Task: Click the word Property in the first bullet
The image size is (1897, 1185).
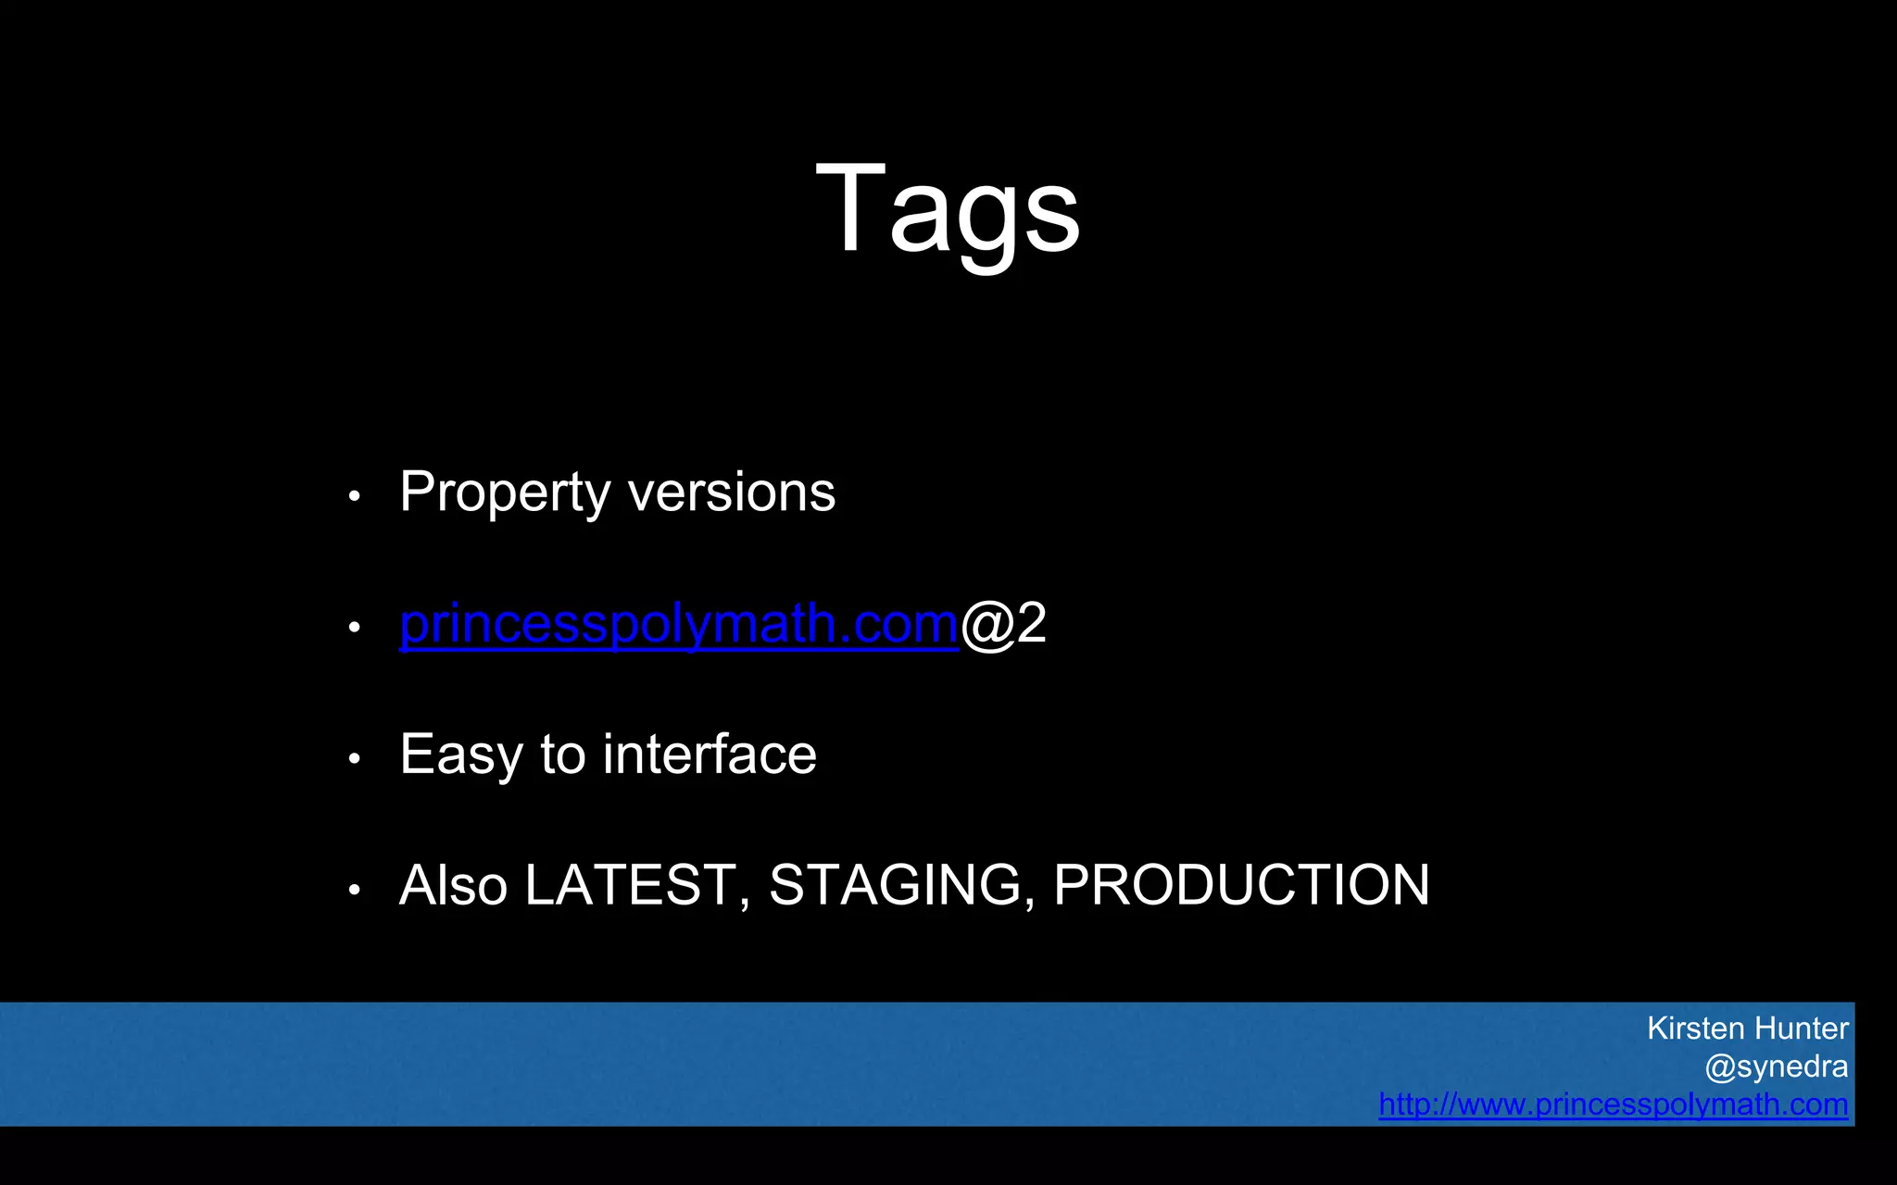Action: pyautogui.click(x=504, y=493)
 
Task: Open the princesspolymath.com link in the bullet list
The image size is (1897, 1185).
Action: pyautogui.click(x=678, y=624)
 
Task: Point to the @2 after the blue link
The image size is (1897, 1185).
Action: pyautogui.click(x=1004, y=624)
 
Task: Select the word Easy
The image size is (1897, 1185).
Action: pyautogui.click(x=460, y=755)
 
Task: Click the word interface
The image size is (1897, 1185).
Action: pyautogui.click(x=710, y=754)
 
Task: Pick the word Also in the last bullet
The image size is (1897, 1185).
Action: pyautogui.click(x=453, y=885)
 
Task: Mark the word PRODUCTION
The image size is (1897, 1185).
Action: pyautogui.click(x=1241, y=885)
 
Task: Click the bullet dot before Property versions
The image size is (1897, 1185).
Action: pyautogui.click(x=354, y=497)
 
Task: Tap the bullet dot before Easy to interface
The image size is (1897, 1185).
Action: pyautogui.click(x=354, y=759)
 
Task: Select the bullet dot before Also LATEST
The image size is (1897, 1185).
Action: pyautogui.click(x=354, y=891)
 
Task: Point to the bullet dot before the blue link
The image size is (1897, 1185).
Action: pyautogui.click(x=354, y=628)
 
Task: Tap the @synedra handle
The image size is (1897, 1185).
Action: pyautogui.click(x=1776, y=1066)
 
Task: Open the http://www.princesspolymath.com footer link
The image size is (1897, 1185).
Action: pyautogui.click(x=1613, y=1104)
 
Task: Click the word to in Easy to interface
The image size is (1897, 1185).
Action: pyautogui.click(x=563, y=755)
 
